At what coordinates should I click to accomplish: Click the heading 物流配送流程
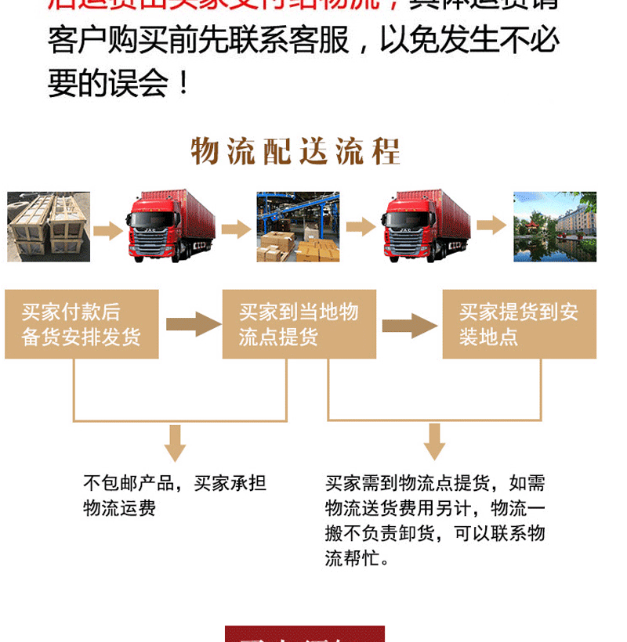295,152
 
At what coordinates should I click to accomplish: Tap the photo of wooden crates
49,226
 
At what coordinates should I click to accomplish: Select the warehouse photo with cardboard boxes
298,226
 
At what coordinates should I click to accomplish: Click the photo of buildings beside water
555,226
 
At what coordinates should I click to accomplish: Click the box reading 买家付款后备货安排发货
82,324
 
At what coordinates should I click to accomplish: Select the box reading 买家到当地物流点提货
299,324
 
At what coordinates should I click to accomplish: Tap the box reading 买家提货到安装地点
519,324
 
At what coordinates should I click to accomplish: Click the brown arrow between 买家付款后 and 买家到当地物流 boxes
193,324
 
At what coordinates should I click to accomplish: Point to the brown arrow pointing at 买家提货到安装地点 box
409,325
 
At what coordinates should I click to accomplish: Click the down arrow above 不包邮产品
175,443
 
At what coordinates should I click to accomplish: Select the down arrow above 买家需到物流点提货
434,442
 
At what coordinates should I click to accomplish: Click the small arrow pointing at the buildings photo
491,225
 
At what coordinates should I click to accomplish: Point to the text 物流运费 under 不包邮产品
120,508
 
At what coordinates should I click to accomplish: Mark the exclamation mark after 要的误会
184,84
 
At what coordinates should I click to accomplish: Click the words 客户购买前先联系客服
199,41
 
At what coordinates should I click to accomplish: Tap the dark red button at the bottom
304,633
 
